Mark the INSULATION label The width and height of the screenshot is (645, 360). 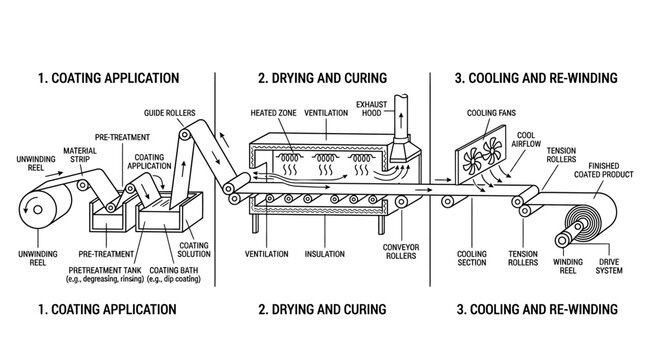tap(324, 254)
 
